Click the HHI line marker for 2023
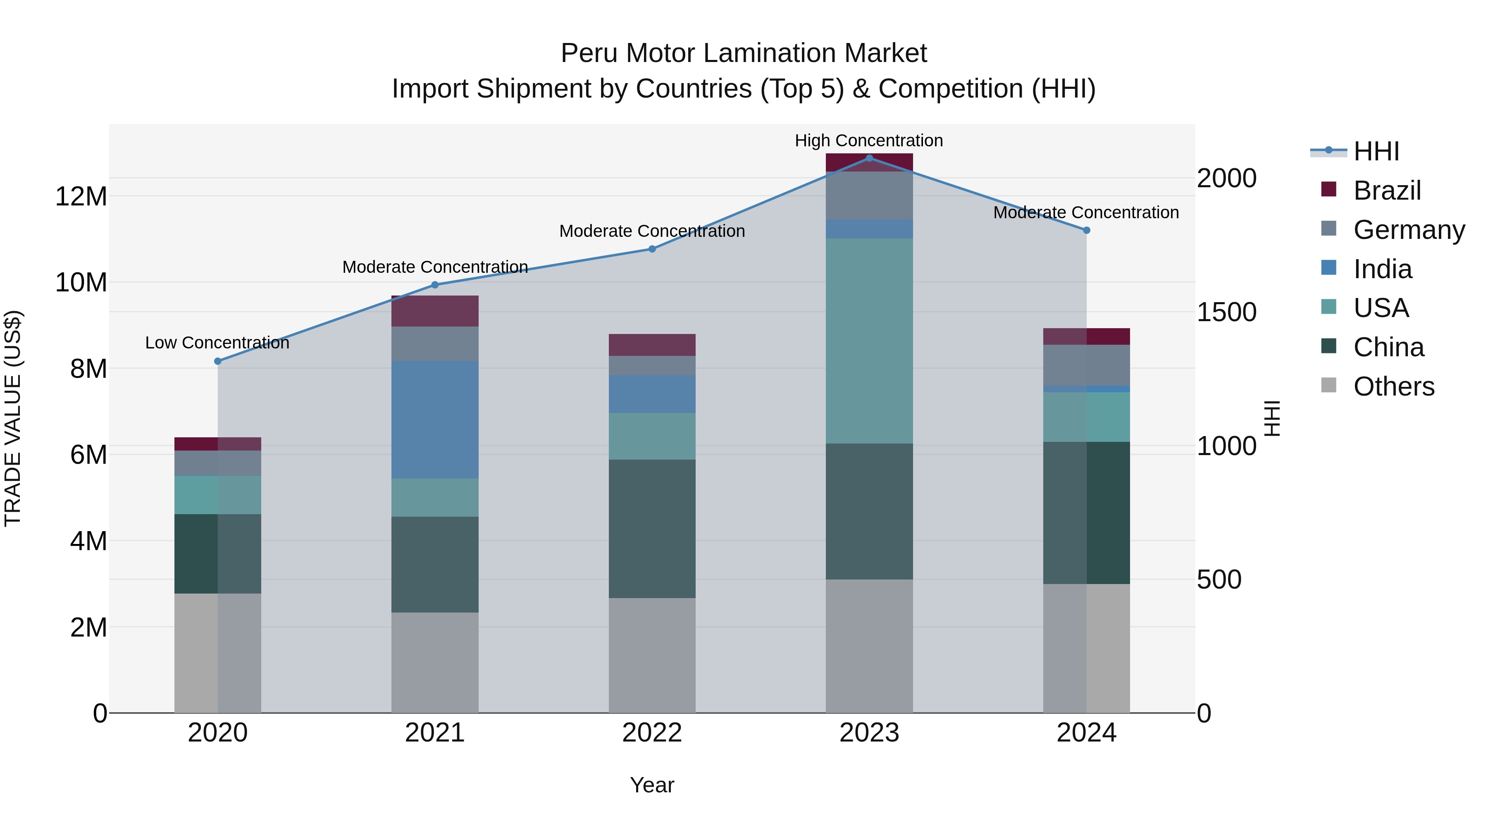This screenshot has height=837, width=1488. coord(869,158)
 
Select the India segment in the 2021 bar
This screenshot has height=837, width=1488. coord(435,420)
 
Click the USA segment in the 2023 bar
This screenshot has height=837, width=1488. coord(869,341)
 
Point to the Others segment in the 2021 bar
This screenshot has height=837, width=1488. coord(435,663)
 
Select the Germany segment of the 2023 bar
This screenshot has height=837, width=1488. coord(869,195)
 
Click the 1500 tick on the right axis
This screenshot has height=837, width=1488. coord(1226,312)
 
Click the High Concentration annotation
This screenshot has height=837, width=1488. coord(869,141)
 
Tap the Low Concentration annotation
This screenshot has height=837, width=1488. coord(217,343)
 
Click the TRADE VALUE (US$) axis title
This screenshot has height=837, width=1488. coord(13,418)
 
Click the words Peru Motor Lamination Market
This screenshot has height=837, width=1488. coord(744,54)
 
